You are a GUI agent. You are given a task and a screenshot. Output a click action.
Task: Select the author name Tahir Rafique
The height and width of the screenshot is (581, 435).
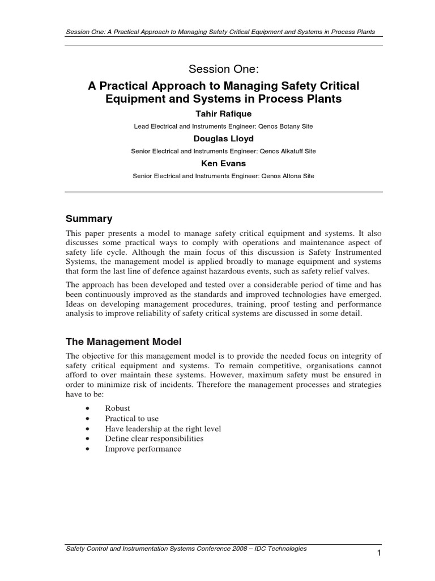pos(218,113)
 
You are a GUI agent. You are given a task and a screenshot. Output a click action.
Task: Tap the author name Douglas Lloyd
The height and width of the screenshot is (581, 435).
pos(218,138)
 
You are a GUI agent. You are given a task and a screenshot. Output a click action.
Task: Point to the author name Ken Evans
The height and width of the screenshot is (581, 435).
pos(218,163)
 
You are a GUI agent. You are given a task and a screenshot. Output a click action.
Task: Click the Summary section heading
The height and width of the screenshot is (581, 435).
pos(89,218)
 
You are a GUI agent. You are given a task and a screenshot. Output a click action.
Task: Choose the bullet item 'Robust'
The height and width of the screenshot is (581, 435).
pos(117,408)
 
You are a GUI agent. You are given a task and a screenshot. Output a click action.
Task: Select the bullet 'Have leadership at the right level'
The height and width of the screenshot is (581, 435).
pos(163,428)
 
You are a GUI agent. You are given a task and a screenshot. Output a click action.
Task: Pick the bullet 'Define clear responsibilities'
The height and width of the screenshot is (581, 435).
pos(154,439)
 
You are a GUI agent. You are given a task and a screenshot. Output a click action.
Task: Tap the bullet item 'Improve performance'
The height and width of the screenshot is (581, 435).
pos(143,449)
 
